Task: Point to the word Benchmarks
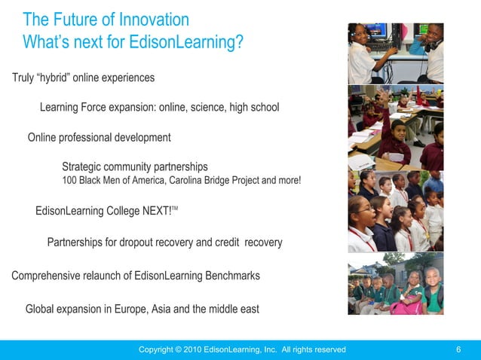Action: point(232,276)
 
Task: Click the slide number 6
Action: point(458,349)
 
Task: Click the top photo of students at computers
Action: point(395,53)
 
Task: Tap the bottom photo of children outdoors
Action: point(395,288)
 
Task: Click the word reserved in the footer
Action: point(326,349)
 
